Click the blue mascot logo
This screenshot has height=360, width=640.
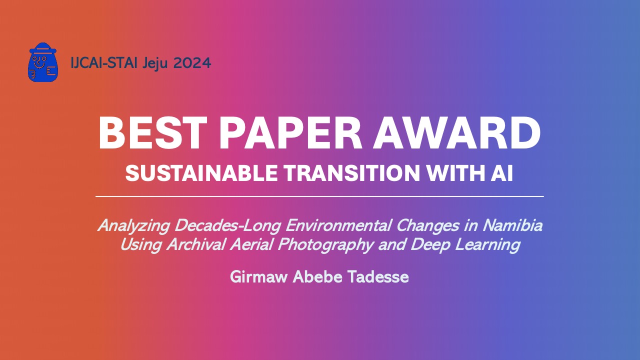pyautogui.click(x=43, y=62)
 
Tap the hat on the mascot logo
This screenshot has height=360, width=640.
pyautogui.click(x=43, y=48)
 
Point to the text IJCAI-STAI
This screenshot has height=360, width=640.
pyautogui.click(x=104, y=63)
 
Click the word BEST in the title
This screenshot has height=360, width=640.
pyautogui.click(x=152, y=133)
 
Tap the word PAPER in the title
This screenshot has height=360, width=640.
pyautogui.click(x=290, y=133)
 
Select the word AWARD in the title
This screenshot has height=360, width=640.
pyautogui.click(x=457, y=133)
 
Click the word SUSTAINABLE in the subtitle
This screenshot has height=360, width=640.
pyautogui.click(x=201, y=173)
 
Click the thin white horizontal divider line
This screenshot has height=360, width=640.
pyautogui.click(x=319, y=196)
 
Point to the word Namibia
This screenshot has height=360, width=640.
pyautogui.click(x=512, y=225)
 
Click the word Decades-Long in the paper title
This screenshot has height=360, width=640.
pyautogui.click(x=227, y=226)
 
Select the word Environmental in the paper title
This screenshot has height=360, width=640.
pyautogui.click(x=338, y=225)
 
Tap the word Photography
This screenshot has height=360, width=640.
pyautogui.click(x=325, y=245)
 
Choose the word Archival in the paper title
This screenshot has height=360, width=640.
pyautogui.click(x=196, y=244)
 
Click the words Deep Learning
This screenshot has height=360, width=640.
pyautogui.click(x=465, y=245)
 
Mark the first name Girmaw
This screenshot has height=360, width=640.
pyautogui.click(x=259, y=277)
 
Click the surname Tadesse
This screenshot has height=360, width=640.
pyautogui.click(x=378, y=276)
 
